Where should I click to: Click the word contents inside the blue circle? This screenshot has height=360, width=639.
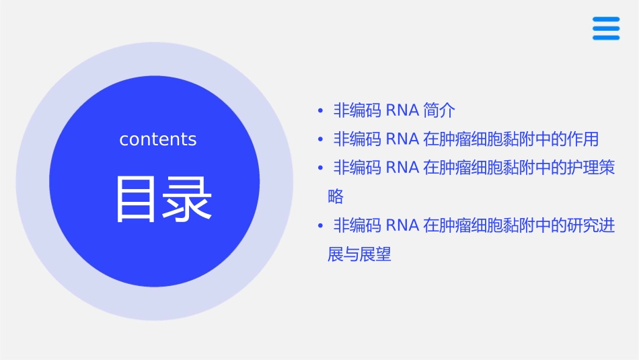(x=157, y=139)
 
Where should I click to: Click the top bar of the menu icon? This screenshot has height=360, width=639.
(x=605, y=20)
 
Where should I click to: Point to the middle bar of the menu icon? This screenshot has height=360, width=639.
(x=605, y=28)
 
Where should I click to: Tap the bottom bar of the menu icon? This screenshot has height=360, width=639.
(x=605, y=37)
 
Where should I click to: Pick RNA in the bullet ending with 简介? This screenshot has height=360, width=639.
(x=403, y=110)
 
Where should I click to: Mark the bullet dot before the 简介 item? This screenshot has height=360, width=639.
(x=321, y=110)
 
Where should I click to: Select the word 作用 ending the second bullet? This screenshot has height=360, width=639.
(x=582, y=139)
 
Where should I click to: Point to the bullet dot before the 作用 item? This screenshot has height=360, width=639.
(x=321, y=140)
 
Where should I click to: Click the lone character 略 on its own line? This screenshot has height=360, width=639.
(x=336, y=196)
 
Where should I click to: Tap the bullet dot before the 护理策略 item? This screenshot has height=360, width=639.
(x=321, y=168)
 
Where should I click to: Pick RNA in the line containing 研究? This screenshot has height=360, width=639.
(x=403, y=225)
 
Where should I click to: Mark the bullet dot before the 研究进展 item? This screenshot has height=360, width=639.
(x=321, y=226)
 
